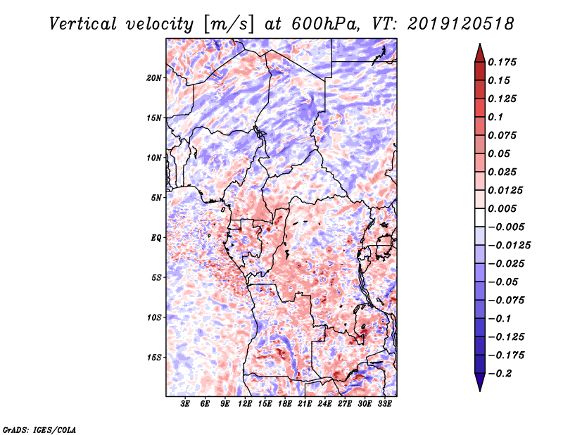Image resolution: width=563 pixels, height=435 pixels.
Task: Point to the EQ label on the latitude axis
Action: pyautogui.click(x=156, y=238)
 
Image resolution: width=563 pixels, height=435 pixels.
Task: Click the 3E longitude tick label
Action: pyautogui.click(x=186, y=404)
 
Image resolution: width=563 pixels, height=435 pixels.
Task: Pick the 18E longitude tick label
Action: pyautogui.click(x=285, y=404)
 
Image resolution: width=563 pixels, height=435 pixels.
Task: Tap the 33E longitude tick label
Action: pyautogui.click(x=384, y=404)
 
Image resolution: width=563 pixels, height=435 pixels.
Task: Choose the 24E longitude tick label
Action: pyautogui.click(x=324, y=404)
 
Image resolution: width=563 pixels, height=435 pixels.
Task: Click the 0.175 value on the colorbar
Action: pyautogui.click(x=503, y=63)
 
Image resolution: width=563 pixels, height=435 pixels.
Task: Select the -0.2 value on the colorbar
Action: pyautogui.click(x=500, y=374)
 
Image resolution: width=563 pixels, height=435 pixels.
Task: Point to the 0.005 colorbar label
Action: pyautogui.click(x=503, y=209)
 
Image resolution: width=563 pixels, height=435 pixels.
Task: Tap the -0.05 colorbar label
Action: pyautogui.click(x=503, y=282)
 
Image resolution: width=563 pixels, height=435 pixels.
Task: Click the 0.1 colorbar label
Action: pyautogui.click(x=497, y=118)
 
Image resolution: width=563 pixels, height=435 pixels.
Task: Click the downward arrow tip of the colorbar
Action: pyautogui.click(x=479, y=389)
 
